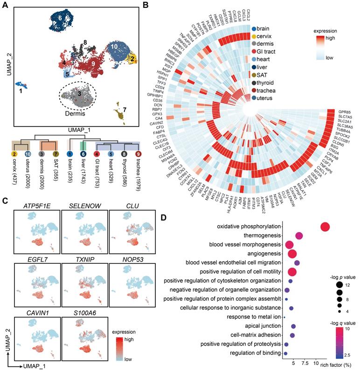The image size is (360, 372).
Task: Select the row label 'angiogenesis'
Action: pyautogui.click(x=262, y=254)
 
